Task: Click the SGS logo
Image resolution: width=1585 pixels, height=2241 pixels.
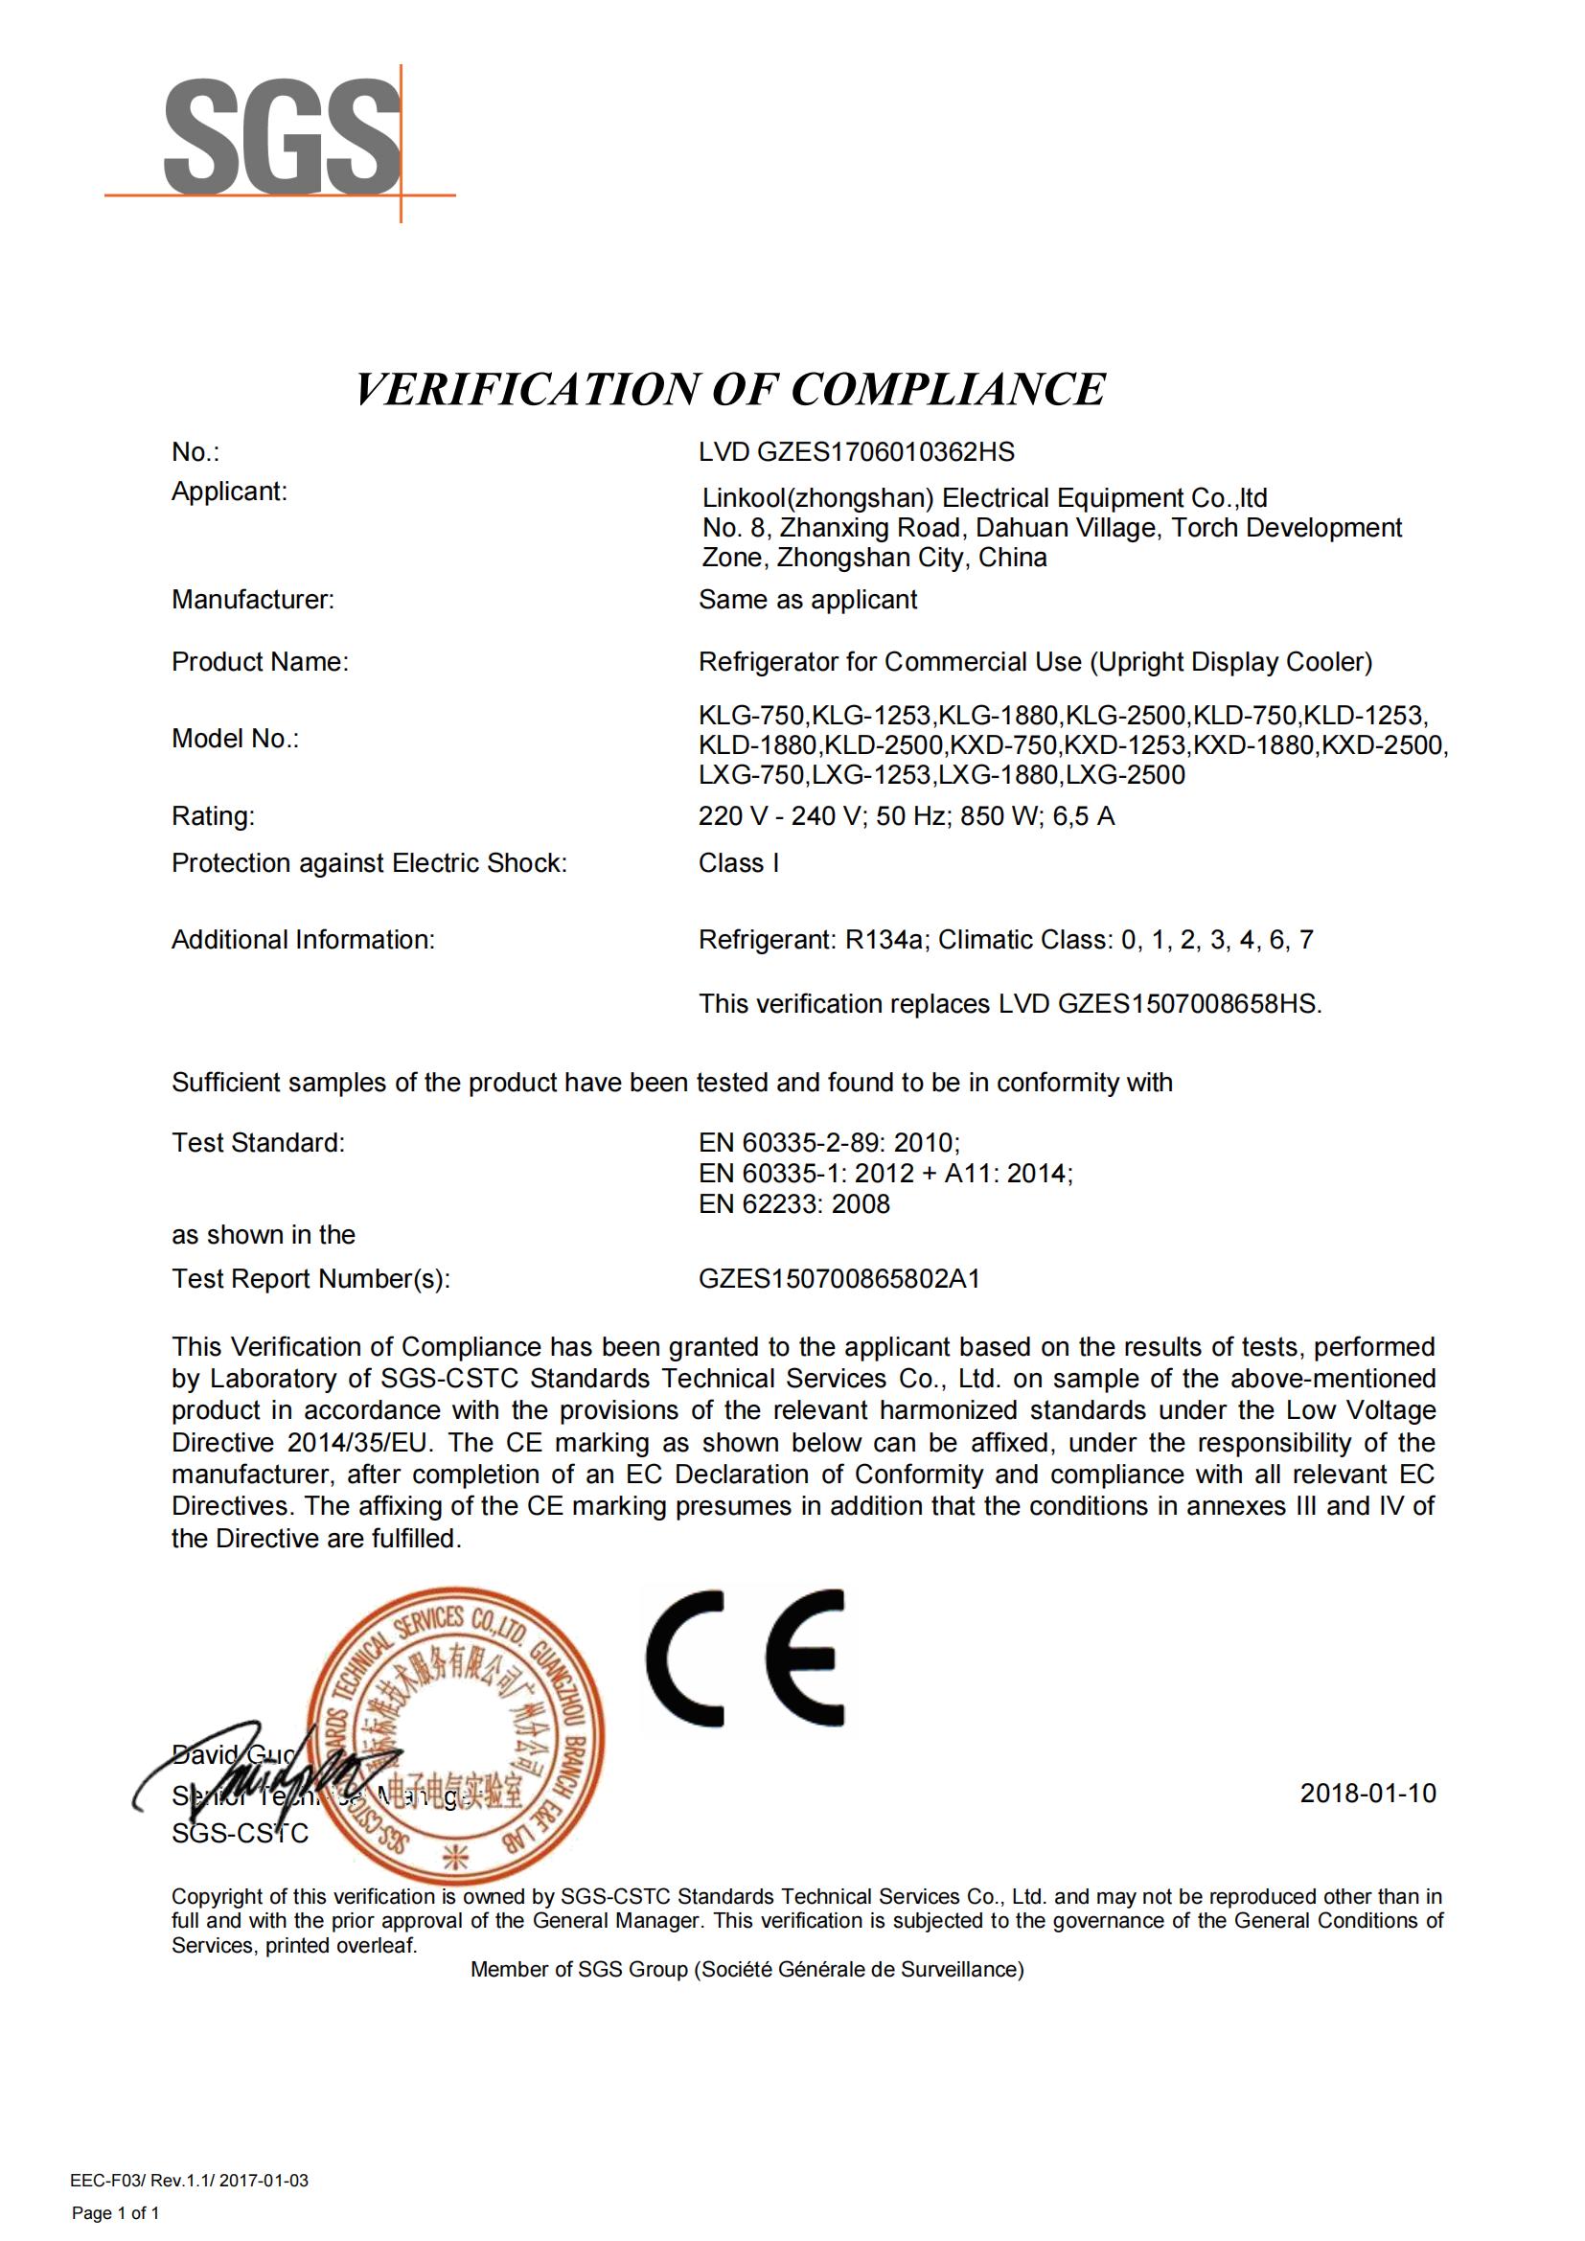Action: tap(282, 139)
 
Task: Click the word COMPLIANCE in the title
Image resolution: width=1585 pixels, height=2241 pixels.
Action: tap(948, 389)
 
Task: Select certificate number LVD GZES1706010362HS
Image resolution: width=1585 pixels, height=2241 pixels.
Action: tap(856, 452)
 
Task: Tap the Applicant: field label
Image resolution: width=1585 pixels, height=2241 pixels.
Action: tap(229, 491)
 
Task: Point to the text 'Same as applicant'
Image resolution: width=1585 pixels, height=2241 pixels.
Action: tap(807, 599)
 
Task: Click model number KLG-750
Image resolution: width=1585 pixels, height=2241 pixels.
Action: tap(751, 716)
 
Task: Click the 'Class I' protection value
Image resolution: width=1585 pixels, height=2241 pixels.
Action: tap(738, 863)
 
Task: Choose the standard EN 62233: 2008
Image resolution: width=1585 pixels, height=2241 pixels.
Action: tap(793, 1204)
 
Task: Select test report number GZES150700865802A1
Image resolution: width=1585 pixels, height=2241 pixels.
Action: tap(838, 1279)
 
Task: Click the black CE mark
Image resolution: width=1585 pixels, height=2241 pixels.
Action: tap(745, 1658)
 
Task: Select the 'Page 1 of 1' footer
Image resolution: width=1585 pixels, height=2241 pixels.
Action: tap(115, 2213)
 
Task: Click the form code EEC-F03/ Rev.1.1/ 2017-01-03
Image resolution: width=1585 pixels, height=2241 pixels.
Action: tap(190, 2181)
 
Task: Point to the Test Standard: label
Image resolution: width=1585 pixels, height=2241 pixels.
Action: tap(258, 1143)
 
